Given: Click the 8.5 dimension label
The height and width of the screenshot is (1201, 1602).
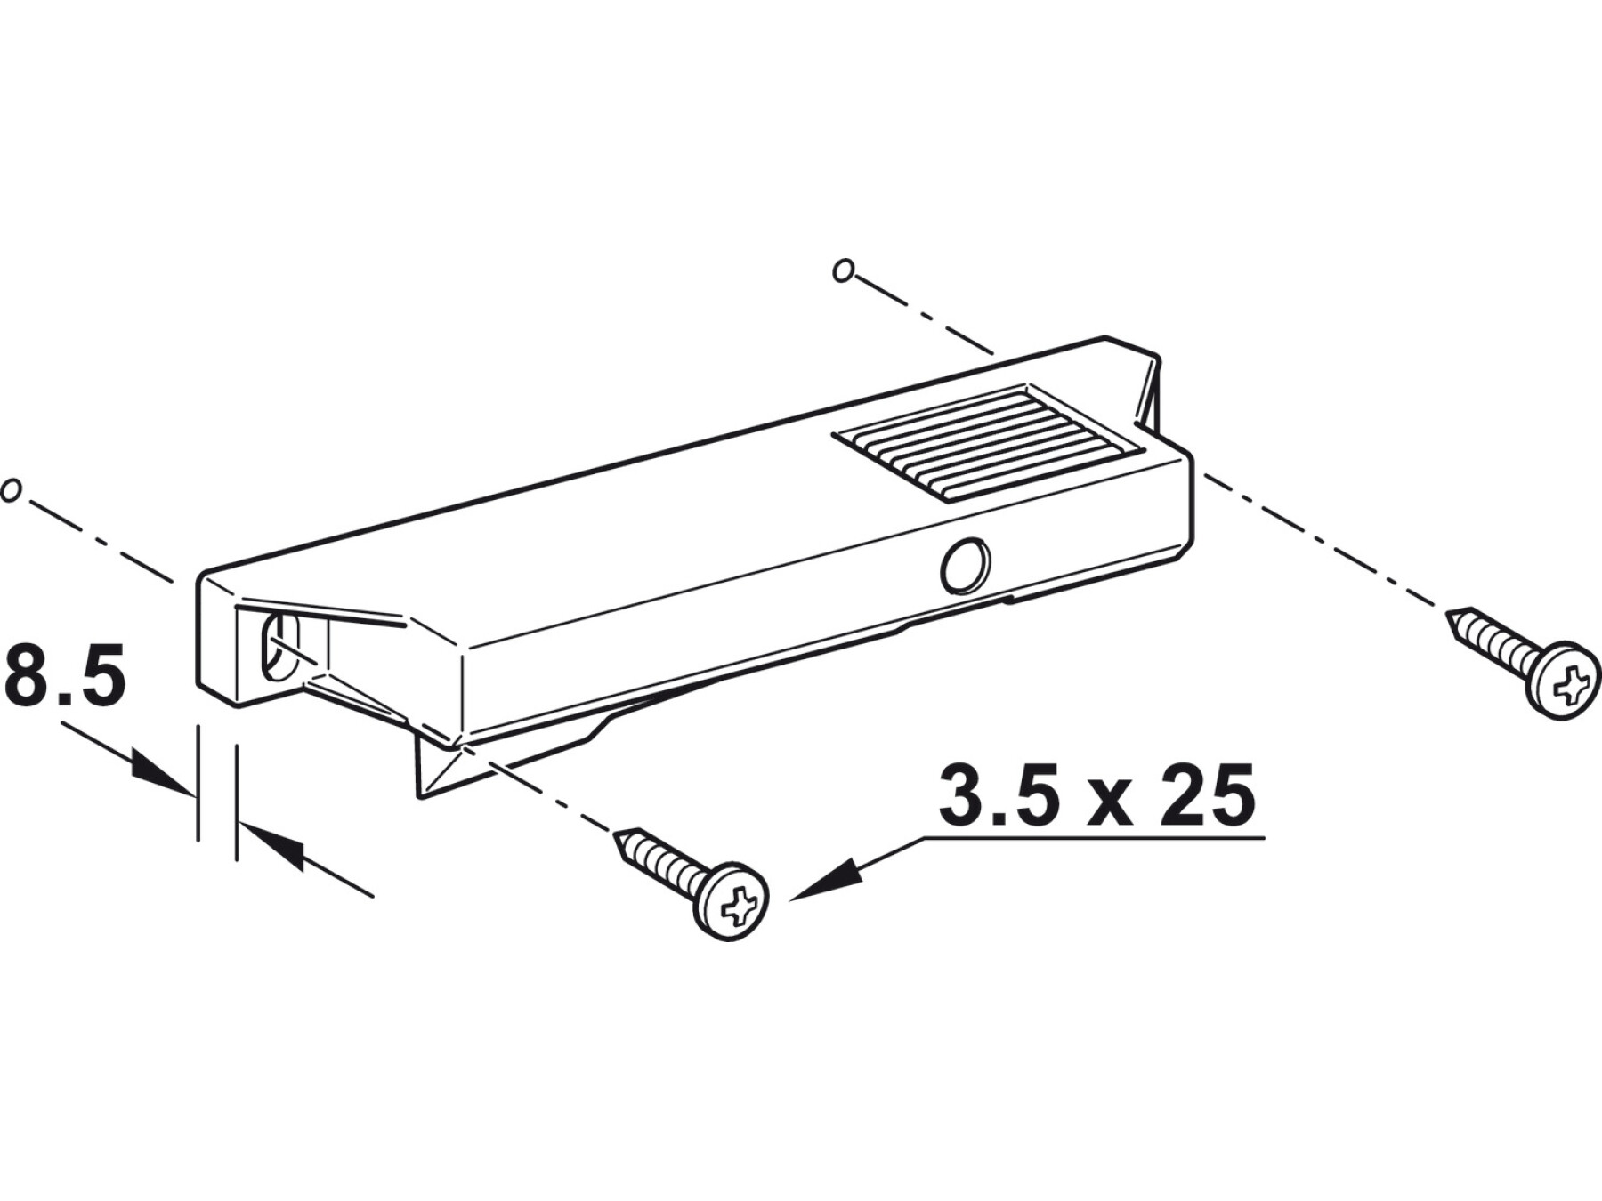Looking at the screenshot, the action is pos(64,678).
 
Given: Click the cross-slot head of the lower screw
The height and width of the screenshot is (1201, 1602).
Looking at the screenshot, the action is pos(732,901).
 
